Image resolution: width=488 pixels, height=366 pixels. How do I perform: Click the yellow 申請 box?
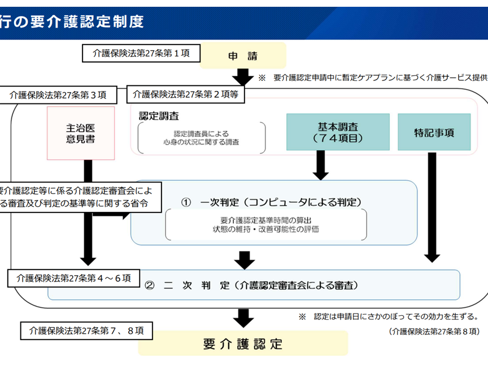click(243, 55)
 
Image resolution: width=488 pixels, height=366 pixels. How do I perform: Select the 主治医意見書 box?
click(81, 133)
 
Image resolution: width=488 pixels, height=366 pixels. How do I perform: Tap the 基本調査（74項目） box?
click(338, 132)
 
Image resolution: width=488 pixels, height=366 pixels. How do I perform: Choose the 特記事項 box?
click(434, 132)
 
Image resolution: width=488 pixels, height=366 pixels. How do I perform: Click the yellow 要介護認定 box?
click(243, 343)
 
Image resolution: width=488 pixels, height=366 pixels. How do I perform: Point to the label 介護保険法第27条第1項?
click(140, 54)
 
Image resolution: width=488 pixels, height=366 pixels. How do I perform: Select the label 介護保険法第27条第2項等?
click(186, 95)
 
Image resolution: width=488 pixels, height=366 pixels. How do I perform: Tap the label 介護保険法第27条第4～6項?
click(74, 278)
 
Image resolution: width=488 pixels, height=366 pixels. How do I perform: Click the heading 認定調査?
click(159, 116)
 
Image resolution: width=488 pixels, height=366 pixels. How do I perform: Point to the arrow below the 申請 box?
click(243, 77)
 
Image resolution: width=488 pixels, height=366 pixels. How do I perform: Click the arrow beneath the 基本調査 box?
click(321, 165)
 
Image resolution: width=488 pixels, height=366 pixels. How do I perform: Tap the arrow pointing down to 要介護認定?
click(243, 317)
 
